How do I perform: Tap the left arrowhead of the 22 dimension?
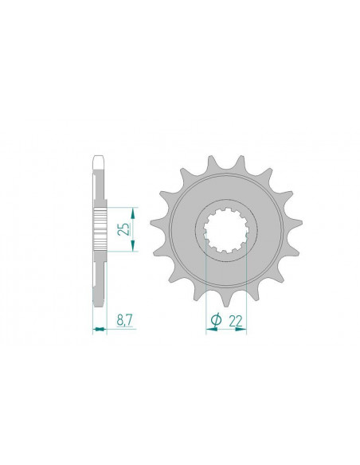click(x=209, y=329)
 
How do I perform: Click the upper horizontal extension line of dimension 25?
click(x=119, y=206)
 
